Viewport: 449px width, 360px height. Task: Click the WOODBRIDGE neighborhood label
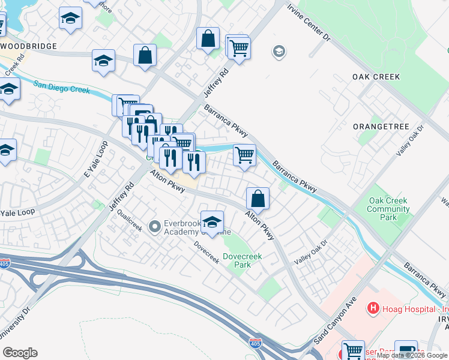pyautogui.click(x=29, y=46)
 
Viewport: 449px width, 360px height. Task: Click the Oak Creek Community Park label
pyautogui.click(x=388, y=209)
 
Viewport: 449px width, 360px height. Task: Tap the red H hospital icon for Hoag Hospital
pyautogui.click(x=373, y=309)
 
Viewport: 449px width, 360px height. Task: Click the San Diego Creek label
pyautogui.click(x=61, y=87)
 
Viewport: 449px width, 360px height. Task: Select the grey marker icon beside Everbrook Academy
pyautogui.click(x=155, y=226)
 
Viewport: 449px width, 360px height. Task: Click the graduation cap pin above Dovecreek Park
pyautogui.click(x=212, y=221)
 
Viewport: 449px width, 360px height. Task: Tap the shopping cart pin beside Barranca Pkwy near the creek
pyautogui.click(x=244, y=155)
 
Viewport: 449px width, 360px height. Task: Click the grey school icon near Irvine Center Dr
pyautogui.click(x=279, y=52)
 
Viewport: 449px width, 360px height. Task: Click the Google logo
pyautogui.click(x=20, y=353)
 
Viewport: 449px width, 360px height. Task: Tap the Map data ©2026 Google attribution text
pyautogui.click(x=412, y=356)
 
